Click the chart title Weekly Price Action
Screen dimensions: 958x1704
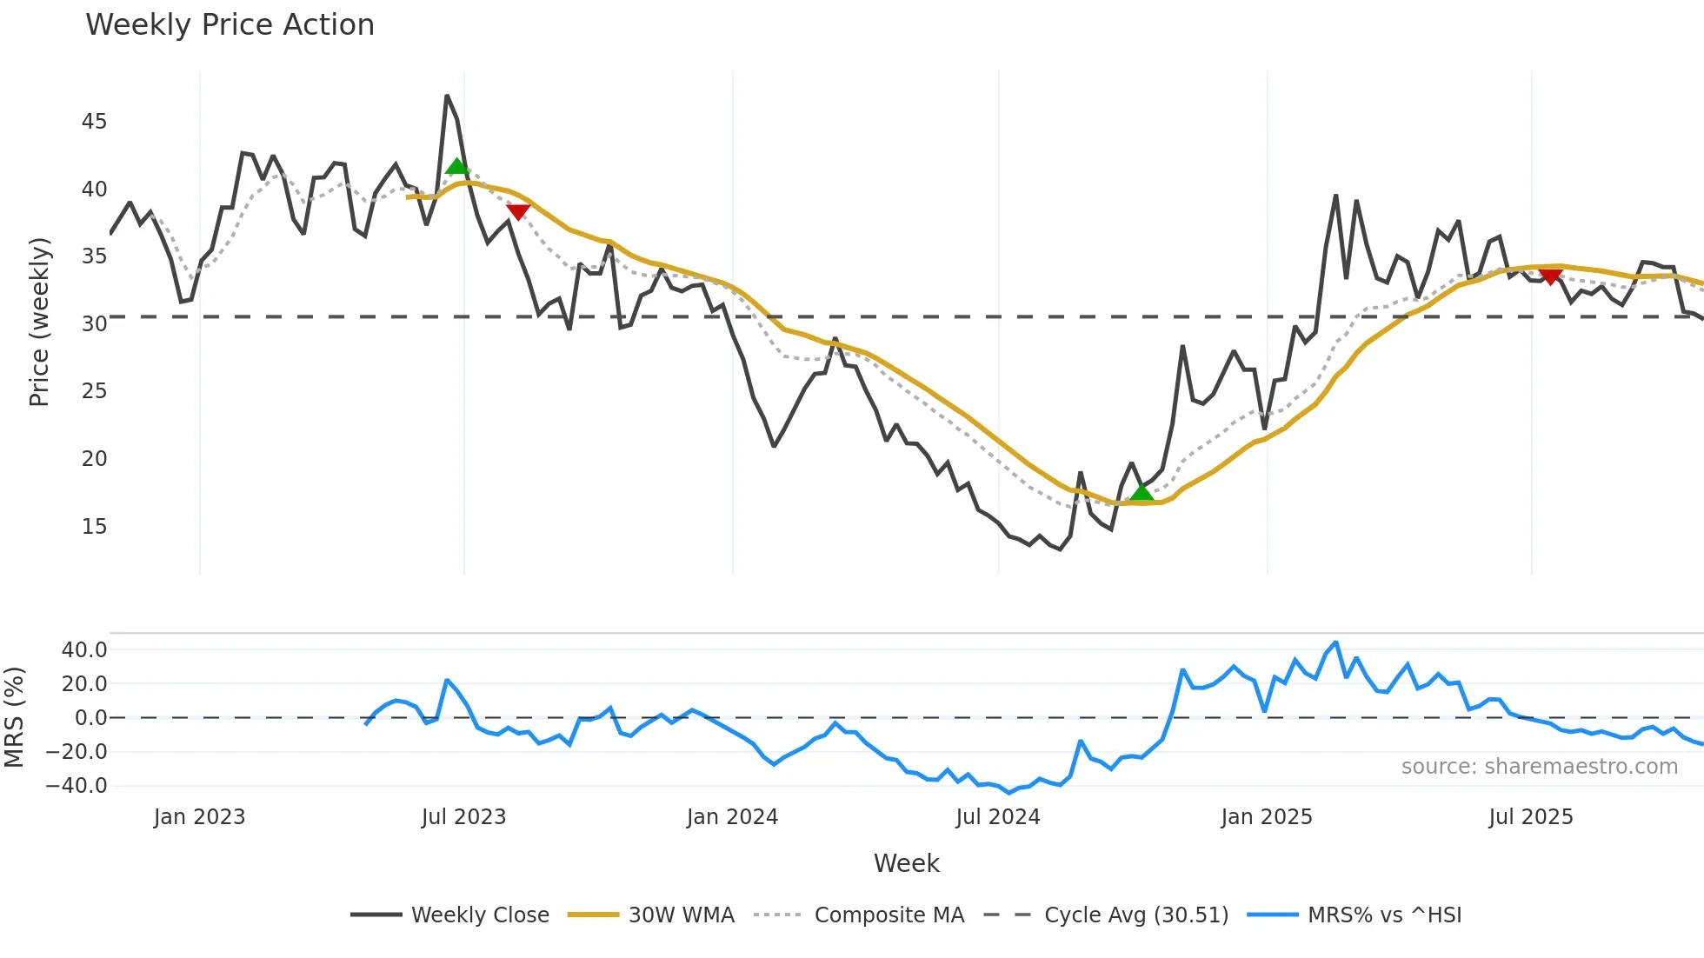(230, 25)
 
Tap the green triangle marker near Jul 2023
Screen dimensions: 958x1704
(456, 166)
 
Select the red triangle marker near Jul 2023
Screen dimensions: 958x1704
(518, 211)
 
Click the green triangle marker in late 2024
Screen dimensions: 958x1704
(1142, 493)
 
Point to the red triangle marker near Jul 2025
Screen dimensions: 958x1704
(1550, 276)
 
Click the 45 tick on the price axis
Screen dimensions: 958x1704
(94, 122)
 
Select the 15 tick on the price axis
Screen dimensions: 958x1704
(94, 527)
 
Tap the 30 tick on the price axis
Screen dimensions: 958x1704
(94, 324)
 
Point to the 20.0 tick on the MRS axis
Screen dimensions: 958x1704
(84, 684)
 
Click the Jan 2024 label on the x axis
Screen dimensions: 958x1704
(732, 817)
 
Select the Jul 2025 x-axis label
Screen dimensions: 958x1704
(1530, 817)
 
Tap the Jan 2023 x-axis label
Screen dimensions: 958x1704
(199, 817)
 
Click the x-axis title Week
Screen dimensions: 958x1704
(906, 863)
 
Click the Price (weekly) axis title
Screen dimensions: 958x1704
(39, 322)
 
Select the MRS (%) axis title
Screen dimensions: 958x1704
(14, 717)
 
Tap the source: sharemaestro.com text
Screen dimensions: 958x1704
(1539, 767)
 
